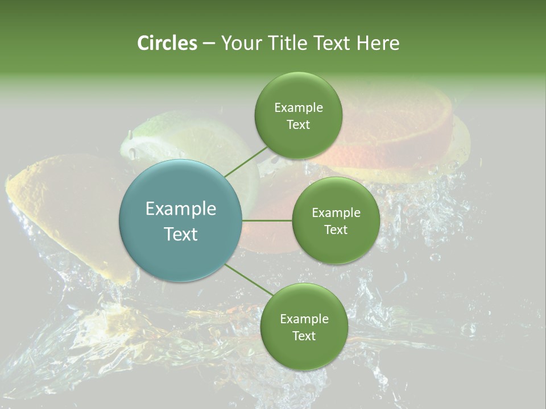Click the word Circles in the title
click(x=167, y=43)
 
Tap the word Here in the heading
click(x=378, y=43)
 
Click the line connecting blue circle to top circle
click(x=246, y=161)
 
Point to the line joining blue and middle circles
click(x=267, y=220)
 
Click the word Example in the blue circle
click(x=180, y=209)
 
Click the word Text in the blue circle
click(x=180, y=234)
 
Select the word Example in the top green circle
click(x=298, y=108)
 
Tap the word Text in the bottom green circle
click(x=304, y=336)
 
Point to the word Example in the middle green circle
click(x=336, y=213)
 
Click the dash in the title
click(x=208, y=43)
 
